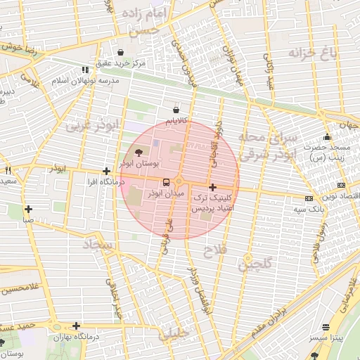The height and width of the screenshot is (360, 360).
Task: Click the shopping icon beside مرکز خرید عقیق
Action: tap(121, 52)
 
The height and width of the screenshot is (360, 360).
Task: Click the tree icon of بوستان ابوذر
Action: tap(137, 152)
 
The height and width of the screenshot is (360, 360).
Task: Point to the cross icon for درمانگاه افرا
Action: tap(106, 171)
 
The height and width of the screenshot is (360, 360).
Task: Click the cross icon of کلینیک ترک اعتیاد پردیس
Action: tap(212, 187)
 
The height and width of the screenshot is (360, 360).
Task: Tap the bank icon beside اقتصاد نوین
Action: tap(309, 198)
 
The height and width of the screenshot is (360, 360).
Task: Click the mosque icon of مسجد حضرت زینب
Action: tap(326, 137)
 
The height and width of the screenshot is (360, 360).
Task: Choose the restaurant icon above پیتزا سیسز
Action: tap(325, 327)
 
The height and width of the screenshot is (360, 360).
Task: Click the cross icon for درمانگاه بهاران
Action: tap(76, 326)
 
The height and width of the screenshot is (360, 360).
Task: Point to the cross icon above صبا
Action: tap(28, 209)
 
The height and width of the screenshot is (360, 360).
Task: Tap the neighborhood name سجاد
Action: tap(98, 244)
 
